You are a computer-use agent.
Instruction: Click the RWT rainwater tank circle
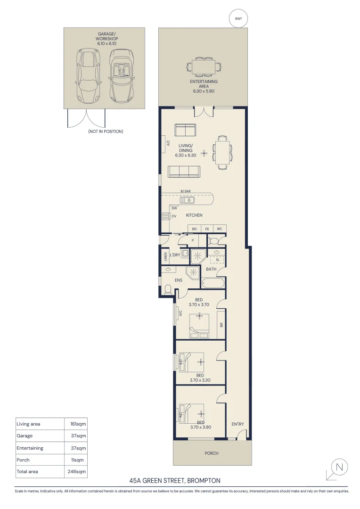pos(238,18)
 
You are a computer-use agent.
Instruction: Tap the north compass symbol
pos(337,469)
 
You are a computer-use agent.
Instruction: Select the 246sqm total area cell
pos(77,472)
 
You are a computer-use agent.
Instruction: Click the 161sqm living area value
pos(78,424)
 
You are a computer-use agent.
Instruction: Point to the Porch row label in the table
pos(23,460)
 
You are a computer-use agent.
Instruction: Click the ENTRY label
pos(237,424)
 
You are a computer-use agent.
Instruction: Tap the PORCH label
pos(211,453)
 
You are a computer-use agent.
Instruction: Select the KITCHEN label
pos(194,215)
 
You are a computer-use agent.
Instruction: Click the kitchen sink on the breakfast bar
pos(188,200)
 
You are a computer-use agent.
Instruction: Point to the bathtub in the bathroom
pos(213,283)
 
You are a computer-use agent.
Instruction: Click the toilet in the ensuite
pos(168,289)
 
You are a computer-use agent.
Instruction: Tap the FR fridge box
pos(207,229)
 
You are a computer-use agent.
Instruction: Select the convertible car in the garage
pos(122,75)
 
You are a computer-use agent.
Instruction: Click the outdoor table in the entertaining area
pos(204,67)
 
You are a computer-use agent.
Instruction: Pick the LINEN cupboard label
pos(165,256)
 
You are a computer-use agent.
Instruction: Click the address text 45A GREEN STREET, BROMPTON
pos(175,481)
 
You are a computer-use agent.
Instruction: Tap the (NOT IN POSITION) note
pos(106,131)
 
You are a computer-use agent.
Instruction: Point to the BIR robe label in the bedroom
pos(221,325)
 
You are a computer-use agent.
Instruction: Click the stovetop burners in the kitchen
pos(165,216)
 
